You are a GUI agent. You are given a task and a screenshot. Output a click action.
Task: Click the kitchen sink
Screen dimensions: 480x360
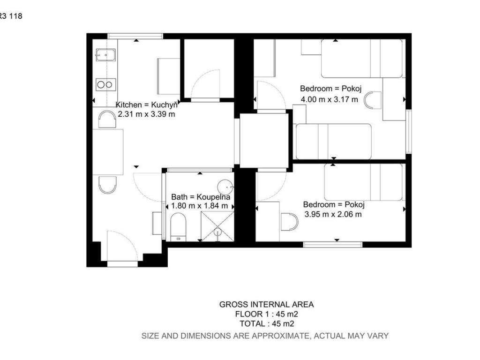click(x=105, y=55)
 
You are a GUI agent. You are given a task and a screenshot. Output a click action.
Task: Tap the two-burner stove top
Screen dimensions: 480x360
click(x=105, y=84)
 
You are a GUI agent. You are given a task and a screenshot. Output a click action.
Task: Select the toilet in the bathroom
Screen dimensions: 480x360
click(x=178, y=227)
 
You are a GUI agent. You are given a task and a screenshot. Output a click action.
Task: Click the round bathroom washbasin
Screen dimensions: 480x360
click(x=225, y=187)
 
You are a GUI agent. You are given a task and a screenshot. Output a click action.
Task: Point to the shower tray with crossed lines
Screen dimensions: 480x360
click(x=217, y=226)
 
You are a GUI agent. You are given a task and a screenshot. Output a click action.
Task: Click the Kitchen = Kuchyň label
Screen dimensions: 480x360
click(x=146, y=105)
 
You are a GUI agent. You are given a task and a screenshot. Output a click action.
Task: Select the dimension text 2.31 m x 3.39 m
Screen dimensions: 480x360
click(x=146, y=114)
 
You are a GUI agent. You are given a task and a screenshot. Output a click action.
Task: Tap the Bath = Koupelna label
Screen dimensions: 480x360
click(x=201, y=197)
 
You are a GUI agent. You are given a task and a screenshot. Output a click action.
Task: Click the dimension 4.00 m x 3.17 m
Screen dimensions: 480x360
click(x=329, y=99)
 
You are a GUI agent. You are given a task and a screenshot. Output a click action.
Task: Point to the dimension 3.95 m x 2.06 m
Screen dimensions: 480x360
click(x=333, y=214)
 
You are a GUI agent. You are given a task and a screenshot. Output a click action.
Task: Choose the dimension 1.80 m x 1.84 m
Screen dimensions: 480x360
click(x=199, y=206)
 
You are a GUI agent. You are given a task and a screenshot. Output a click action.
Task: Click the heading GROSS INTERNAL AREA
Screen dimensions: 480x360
click(x=266, y=304)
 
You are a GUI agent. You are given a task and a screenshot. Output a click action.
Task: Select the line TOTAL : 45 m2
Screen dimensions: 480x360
click(x=267, y=323)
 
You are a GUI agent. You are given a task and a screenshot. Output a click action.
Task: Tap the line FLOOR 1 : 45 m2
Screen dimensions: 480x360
click(x=266, y=314)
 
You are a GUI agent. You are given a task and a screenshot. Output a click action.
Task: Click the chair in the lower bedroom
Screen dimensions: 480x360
click(x=289, y=222)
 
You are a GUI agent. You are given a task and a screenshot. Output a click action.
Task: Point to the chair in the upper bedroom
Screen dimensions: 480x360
click(x=373, y=100)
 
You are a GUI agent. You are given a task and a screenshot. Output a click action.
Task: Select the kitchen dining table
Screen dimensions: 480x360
click(x=108, y=152)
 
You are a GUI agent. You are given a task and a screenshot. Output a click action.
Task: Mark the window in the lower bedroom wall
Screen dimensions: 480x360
click(x=333, y=244)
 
